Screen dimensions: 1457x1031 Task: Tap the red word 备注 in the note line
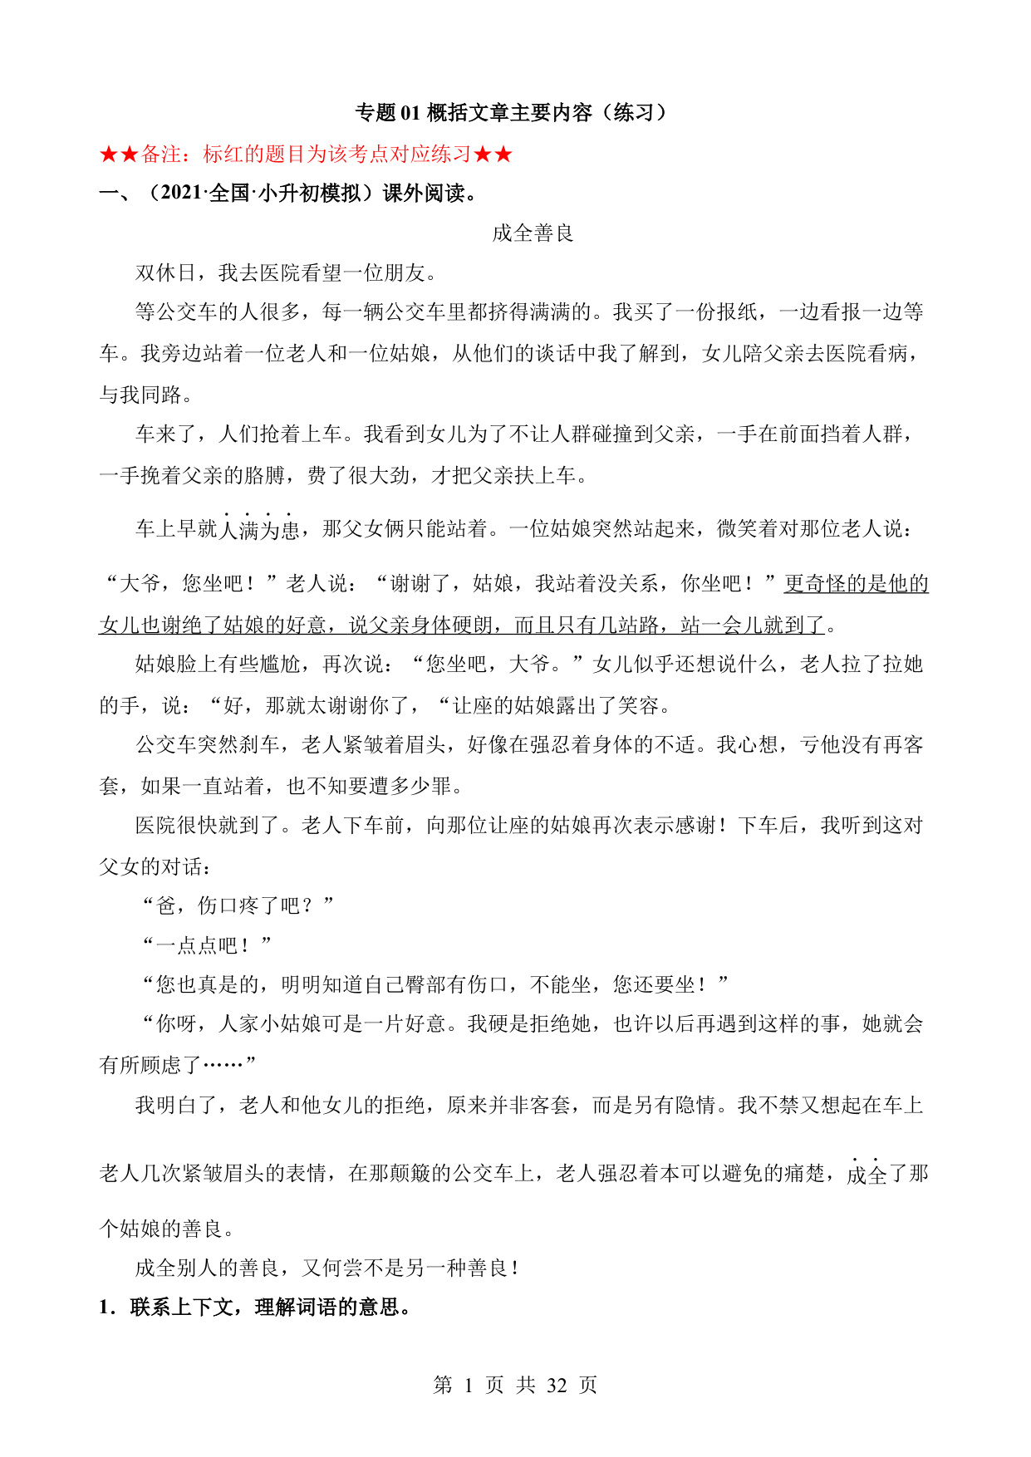point(161,154)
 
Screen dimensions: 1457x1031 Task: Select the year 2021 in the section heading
point(181,194)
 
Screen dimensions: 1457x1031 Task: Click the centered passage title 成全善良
point(533,233)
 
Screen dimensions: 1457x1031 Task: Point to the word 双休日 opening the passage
point(166,273)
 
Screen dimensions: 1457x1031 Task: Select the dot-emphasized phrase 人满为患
point(259,528)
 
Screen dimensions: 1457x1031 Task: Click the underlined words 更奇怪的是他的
point(856,583)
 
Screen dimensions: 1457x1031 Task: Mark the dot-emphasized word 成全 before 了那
point(867,1174)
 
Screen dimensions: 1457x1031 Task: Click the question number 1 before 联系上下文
point(105,1307)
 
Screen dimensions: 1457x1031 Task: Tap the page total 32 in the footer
point(557,1385)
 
